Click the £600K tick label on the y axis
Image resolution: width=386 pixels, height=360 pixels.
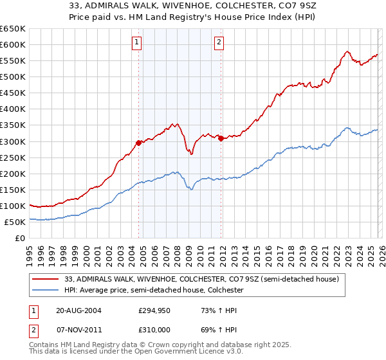13,44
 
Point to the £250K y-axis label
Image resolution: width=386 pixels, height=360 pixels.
13,157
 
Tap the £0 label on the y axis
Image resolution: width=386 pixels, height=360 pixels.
20,238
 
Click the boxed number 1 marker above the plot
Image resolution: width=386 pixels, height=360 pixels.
137,43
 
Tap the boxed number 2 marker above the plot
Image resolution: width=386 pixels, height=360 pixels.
219,43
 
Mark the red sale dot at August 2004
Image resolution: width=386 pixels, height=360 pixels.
138,143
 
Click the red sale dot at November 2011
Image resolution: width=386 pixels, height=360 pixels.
221,138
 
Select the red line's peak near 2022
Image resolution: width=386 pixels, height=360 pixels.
347,51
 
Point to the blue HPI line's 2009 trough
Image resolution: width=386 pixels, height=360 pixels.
190,189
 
